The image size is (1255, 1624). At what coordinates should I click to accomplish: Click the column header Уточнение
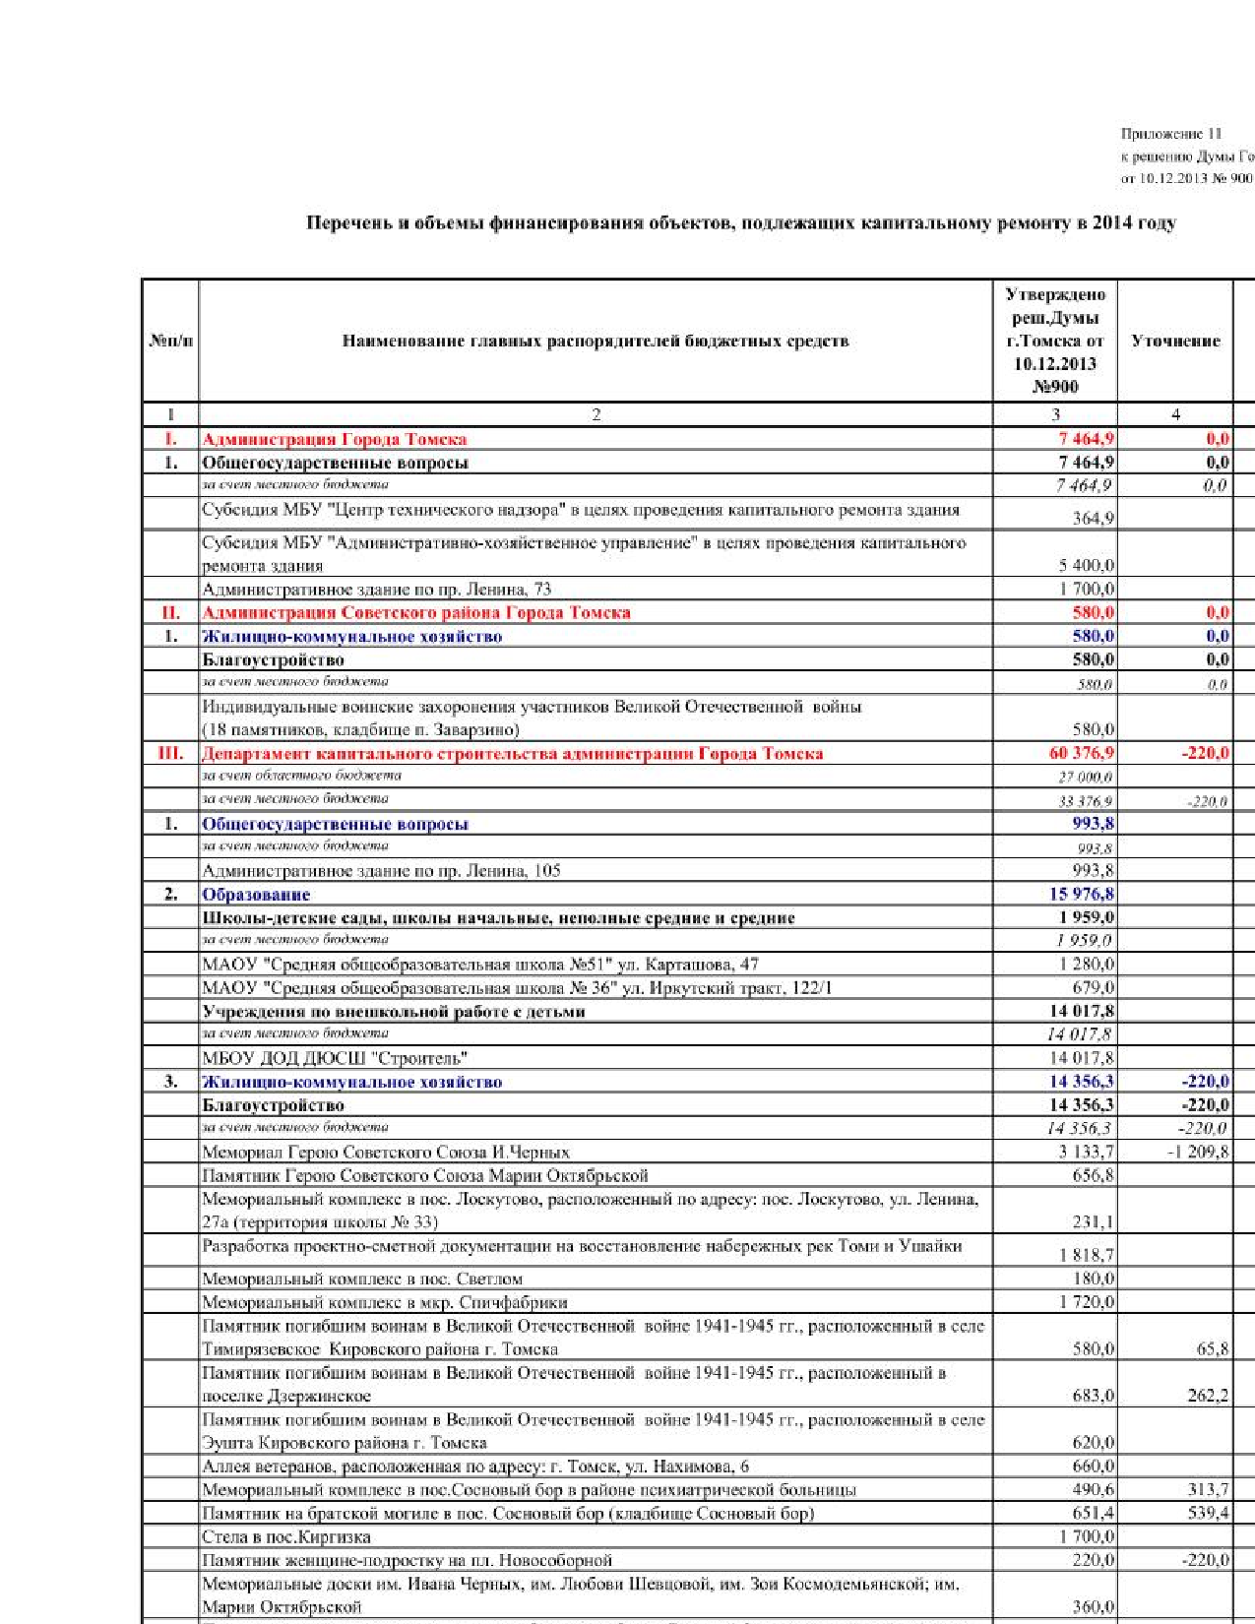1175,341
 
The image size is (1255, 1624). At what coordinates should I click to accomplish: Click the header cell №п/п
170,341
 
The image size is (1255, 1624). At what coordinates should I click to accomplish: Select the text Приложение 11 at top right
1171,133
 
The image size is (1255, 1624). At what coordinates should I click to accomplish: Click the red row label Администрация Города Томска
335,439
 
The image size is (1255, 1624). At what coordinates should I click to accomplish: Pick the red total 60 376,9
1082,753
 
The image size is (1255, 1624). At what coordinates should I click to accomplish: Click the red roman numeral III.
170,753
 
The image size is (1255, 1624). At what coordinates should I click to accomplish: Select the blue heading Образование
256,895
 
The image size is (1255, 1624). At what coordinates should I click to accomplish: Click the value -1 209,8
1197,1152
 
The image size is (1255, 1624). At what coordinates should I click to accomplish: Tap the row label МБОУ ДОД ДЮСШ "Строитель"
335,1058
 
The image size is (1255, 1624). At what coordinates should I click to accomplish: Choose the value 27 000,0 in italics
1086,777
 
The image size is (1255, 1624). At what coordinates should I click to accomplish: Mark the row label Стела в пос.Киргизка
286,1536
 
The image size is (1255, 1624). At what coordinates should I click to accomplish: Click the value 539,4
1209,1513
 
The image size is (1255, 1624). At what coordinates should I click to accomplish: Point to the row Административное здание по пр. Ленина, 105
381,870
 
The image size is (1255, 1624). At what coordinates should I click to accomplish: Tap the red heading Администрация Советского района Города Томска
416,612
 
